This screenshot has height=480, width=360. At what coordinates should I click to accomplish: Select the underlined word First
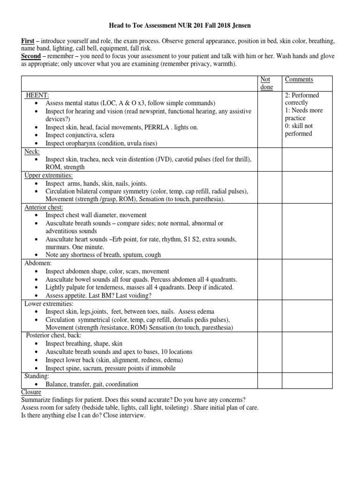(x=29, y=41)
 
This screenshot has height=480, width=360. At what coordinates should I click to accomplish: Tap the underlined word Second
(x=31, y=56)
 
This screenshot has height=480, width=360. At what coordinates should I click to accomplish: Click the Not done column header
(x=266, y=83)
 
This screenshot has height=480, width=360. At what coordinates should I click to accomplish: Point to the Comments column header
(x=299, y=80)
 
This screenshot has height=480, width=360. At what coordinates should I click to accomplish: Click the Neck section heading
(x=32, y=151)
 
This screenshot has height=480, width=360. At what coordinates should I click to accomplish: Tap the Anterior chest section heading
(x=44, y=208)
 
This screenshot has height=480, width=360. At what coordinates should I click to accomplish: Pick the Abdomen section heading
(x=38, y=263)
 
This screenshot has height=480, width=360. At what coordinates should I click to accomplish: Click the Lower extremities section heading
(x=49, y=303)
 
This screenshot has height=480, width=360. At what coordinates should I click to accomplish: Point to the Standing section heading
(x=37, y=376)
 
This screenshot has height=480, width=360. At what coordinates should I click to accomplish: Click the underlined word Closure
(x=31, y=392)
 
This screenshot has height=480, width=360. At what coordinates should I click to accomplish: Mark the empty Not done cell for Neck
(x=270, y=159)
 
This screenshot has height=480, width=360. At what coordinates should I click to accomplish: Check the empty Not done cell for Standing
(x=270, y=380)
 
